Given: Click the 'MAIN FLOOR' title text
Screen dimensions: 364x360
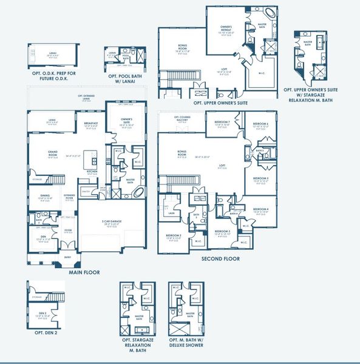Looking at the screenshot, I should coord(84,272).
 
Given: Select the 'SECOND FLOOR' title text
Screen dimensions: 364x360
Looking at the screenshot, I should coord(220,258).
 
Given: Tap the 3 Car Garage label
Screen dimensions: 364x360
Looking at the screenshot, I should coord(112,223).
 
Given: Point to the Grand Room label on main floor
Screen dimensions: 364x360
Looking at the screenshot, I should coord(40,155).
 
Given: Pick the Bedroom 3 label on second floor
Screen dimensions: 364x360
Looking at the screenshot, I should coord(173,235).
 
